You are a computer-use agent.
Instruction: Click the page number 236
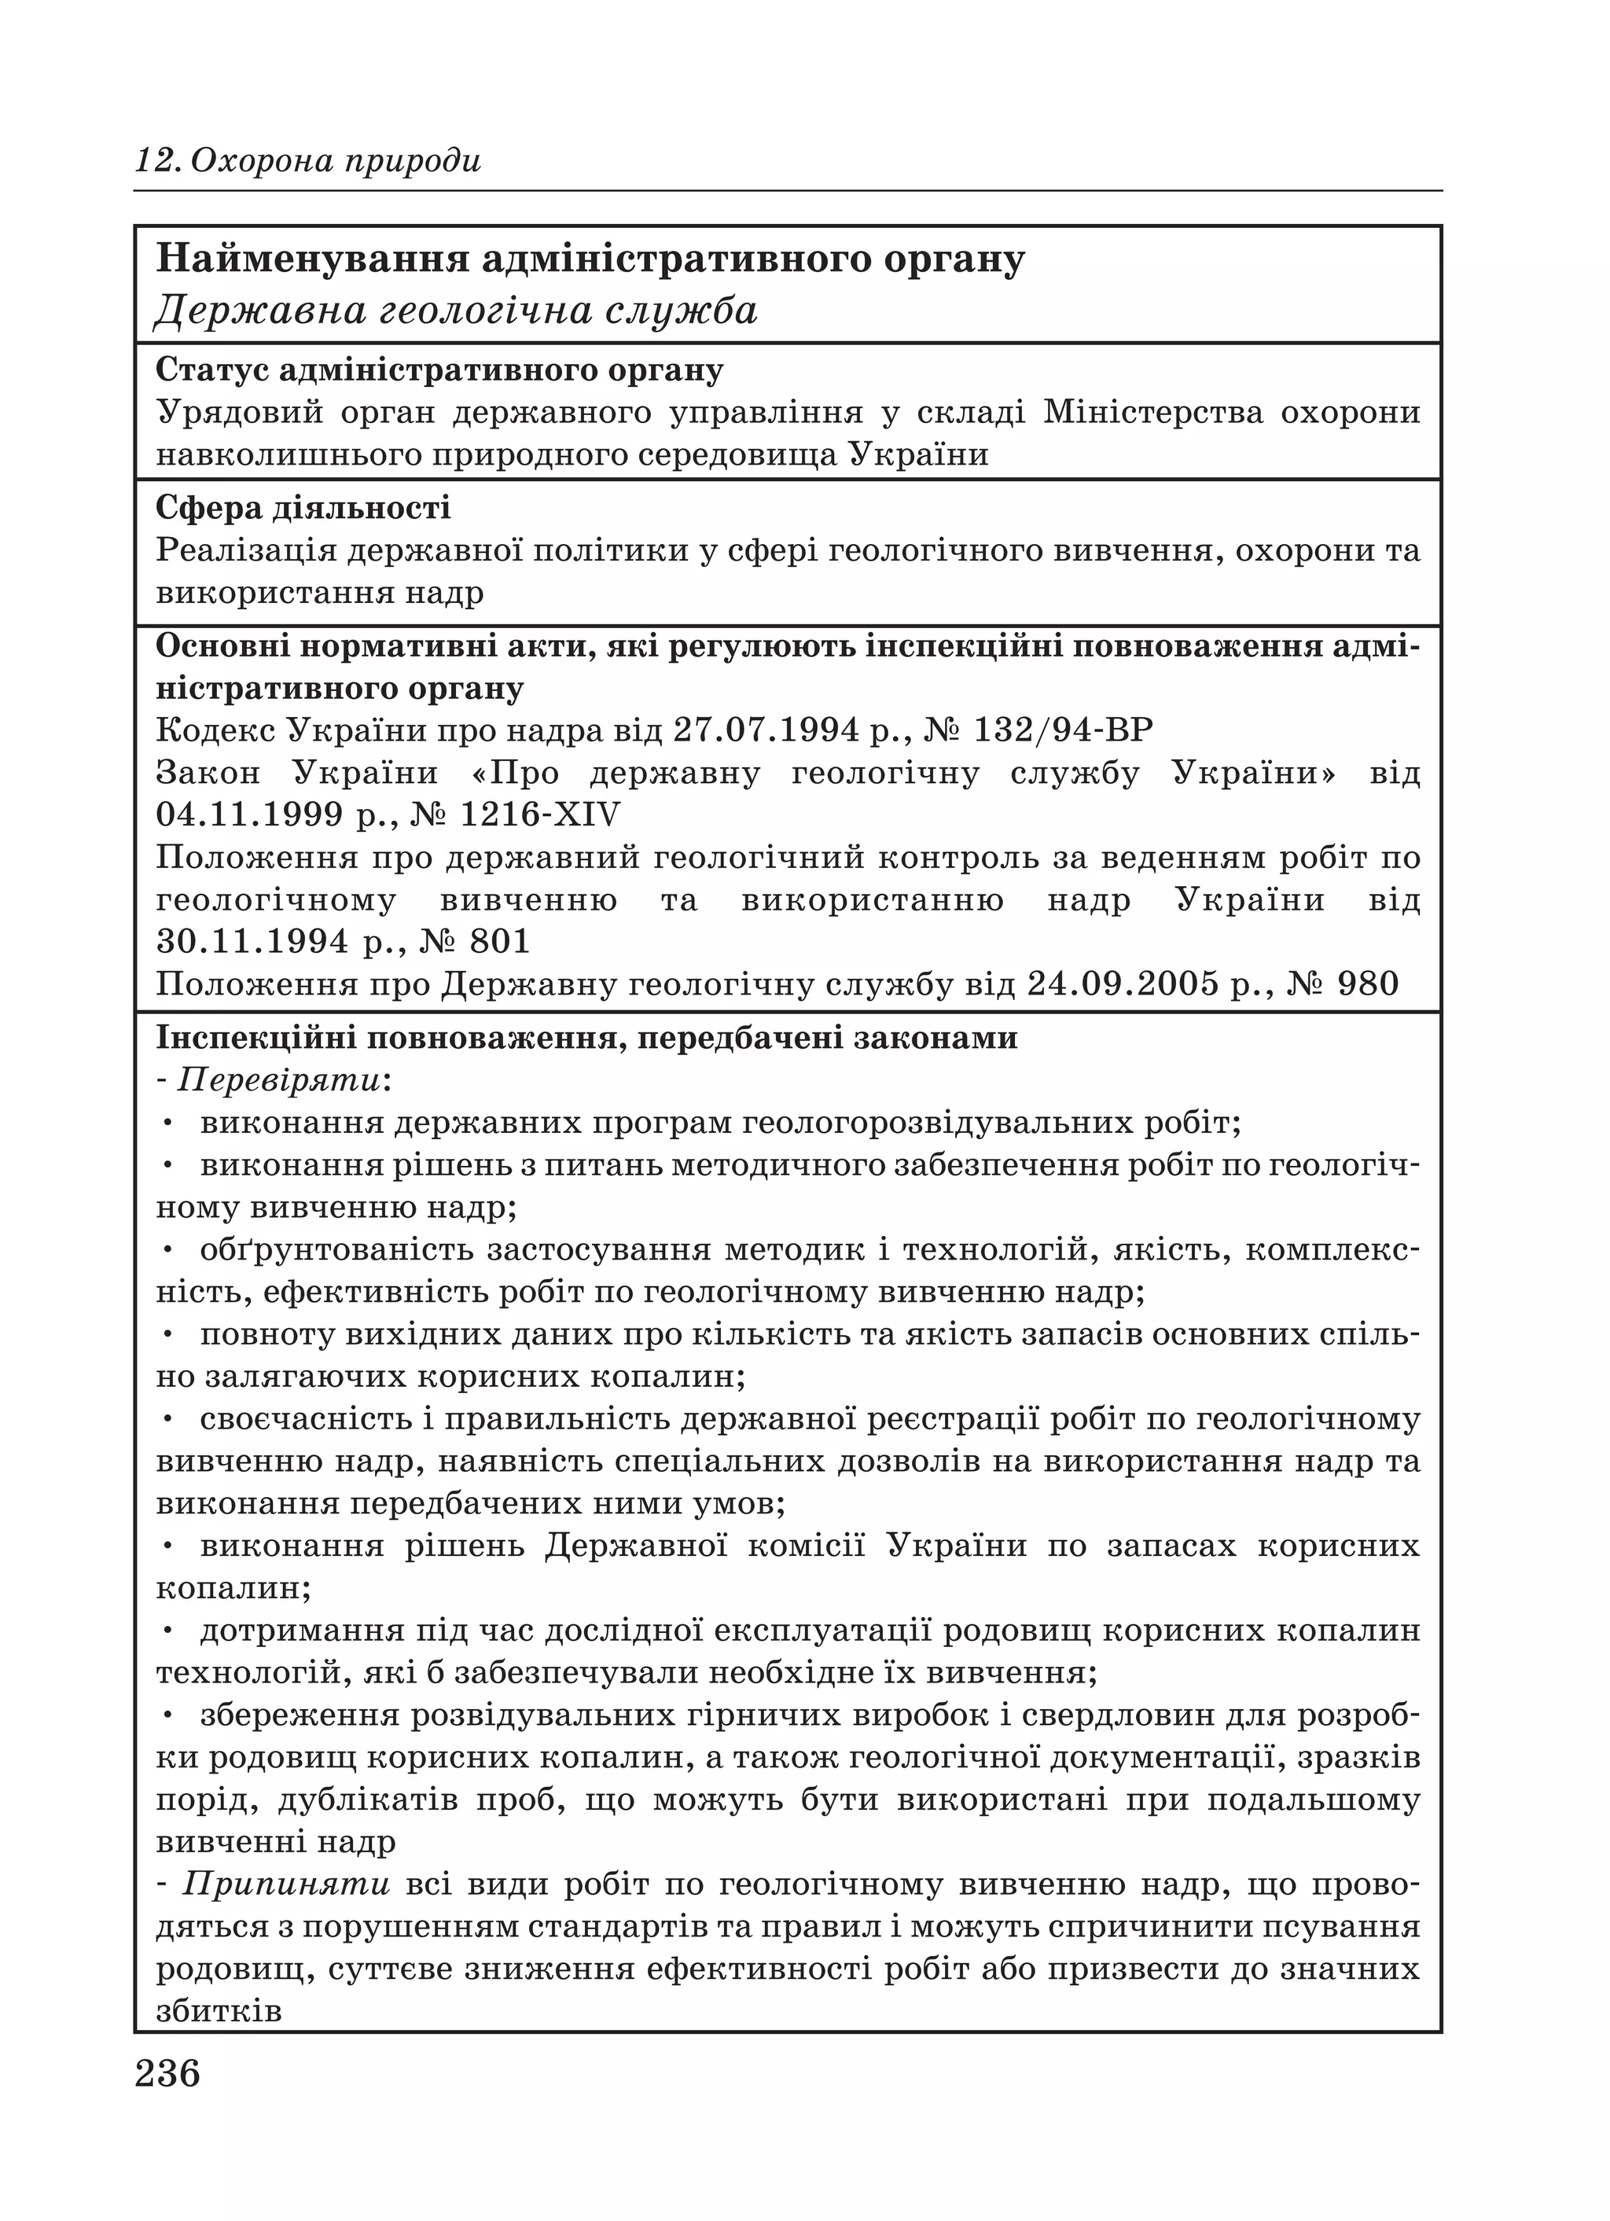click(x=167, y=2074)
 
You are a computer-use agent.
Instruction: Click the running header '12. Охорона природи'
click(x=307, y=160)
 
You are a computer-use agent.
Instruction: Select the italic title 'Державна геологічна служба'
click(x=457, y=311)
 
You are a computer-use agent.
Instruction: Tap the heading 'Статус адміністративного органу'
click(x=439, y=370)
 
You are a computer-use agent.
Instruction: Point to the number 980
click(x=1367, y=984)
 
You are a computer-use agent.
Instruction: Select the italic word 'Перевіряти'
click(x=279, y=1080)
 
